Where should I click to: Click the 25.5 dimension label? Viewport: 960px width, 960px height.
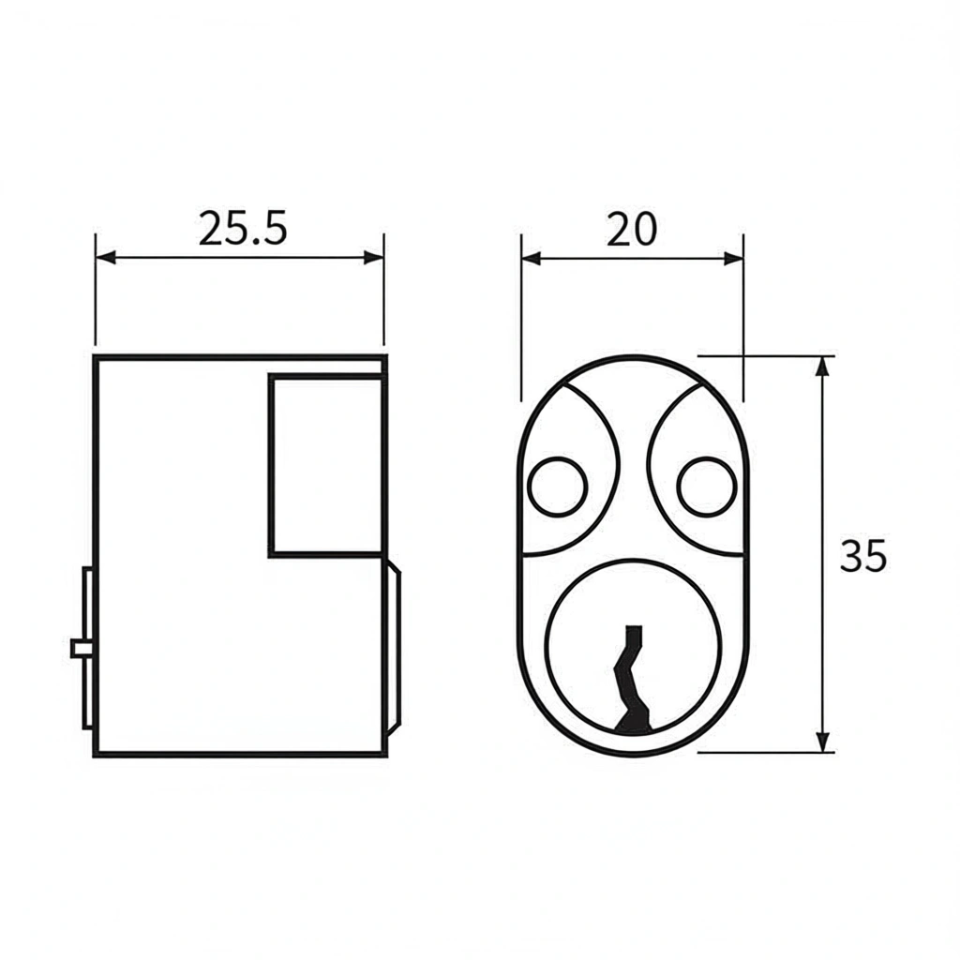(243, 229)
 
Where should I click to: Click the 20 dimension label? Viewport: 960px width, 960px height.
(631, 229)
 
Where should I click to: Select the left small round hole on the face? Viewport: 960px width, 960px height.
(557, 487)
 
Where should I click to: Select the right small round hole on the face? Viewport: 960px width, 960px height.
(707, 487)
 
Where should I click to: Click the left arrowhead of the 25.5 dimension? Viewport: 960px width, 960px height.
(106, 257)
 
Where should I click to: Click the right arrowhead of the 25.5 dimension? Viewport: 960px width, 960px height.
(373, 257)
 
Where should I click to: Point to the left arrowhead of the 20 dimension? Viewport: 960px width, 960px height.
(532, 259)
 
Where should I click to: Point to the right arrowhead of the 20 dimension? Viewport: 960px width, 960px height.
(733, 259)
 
